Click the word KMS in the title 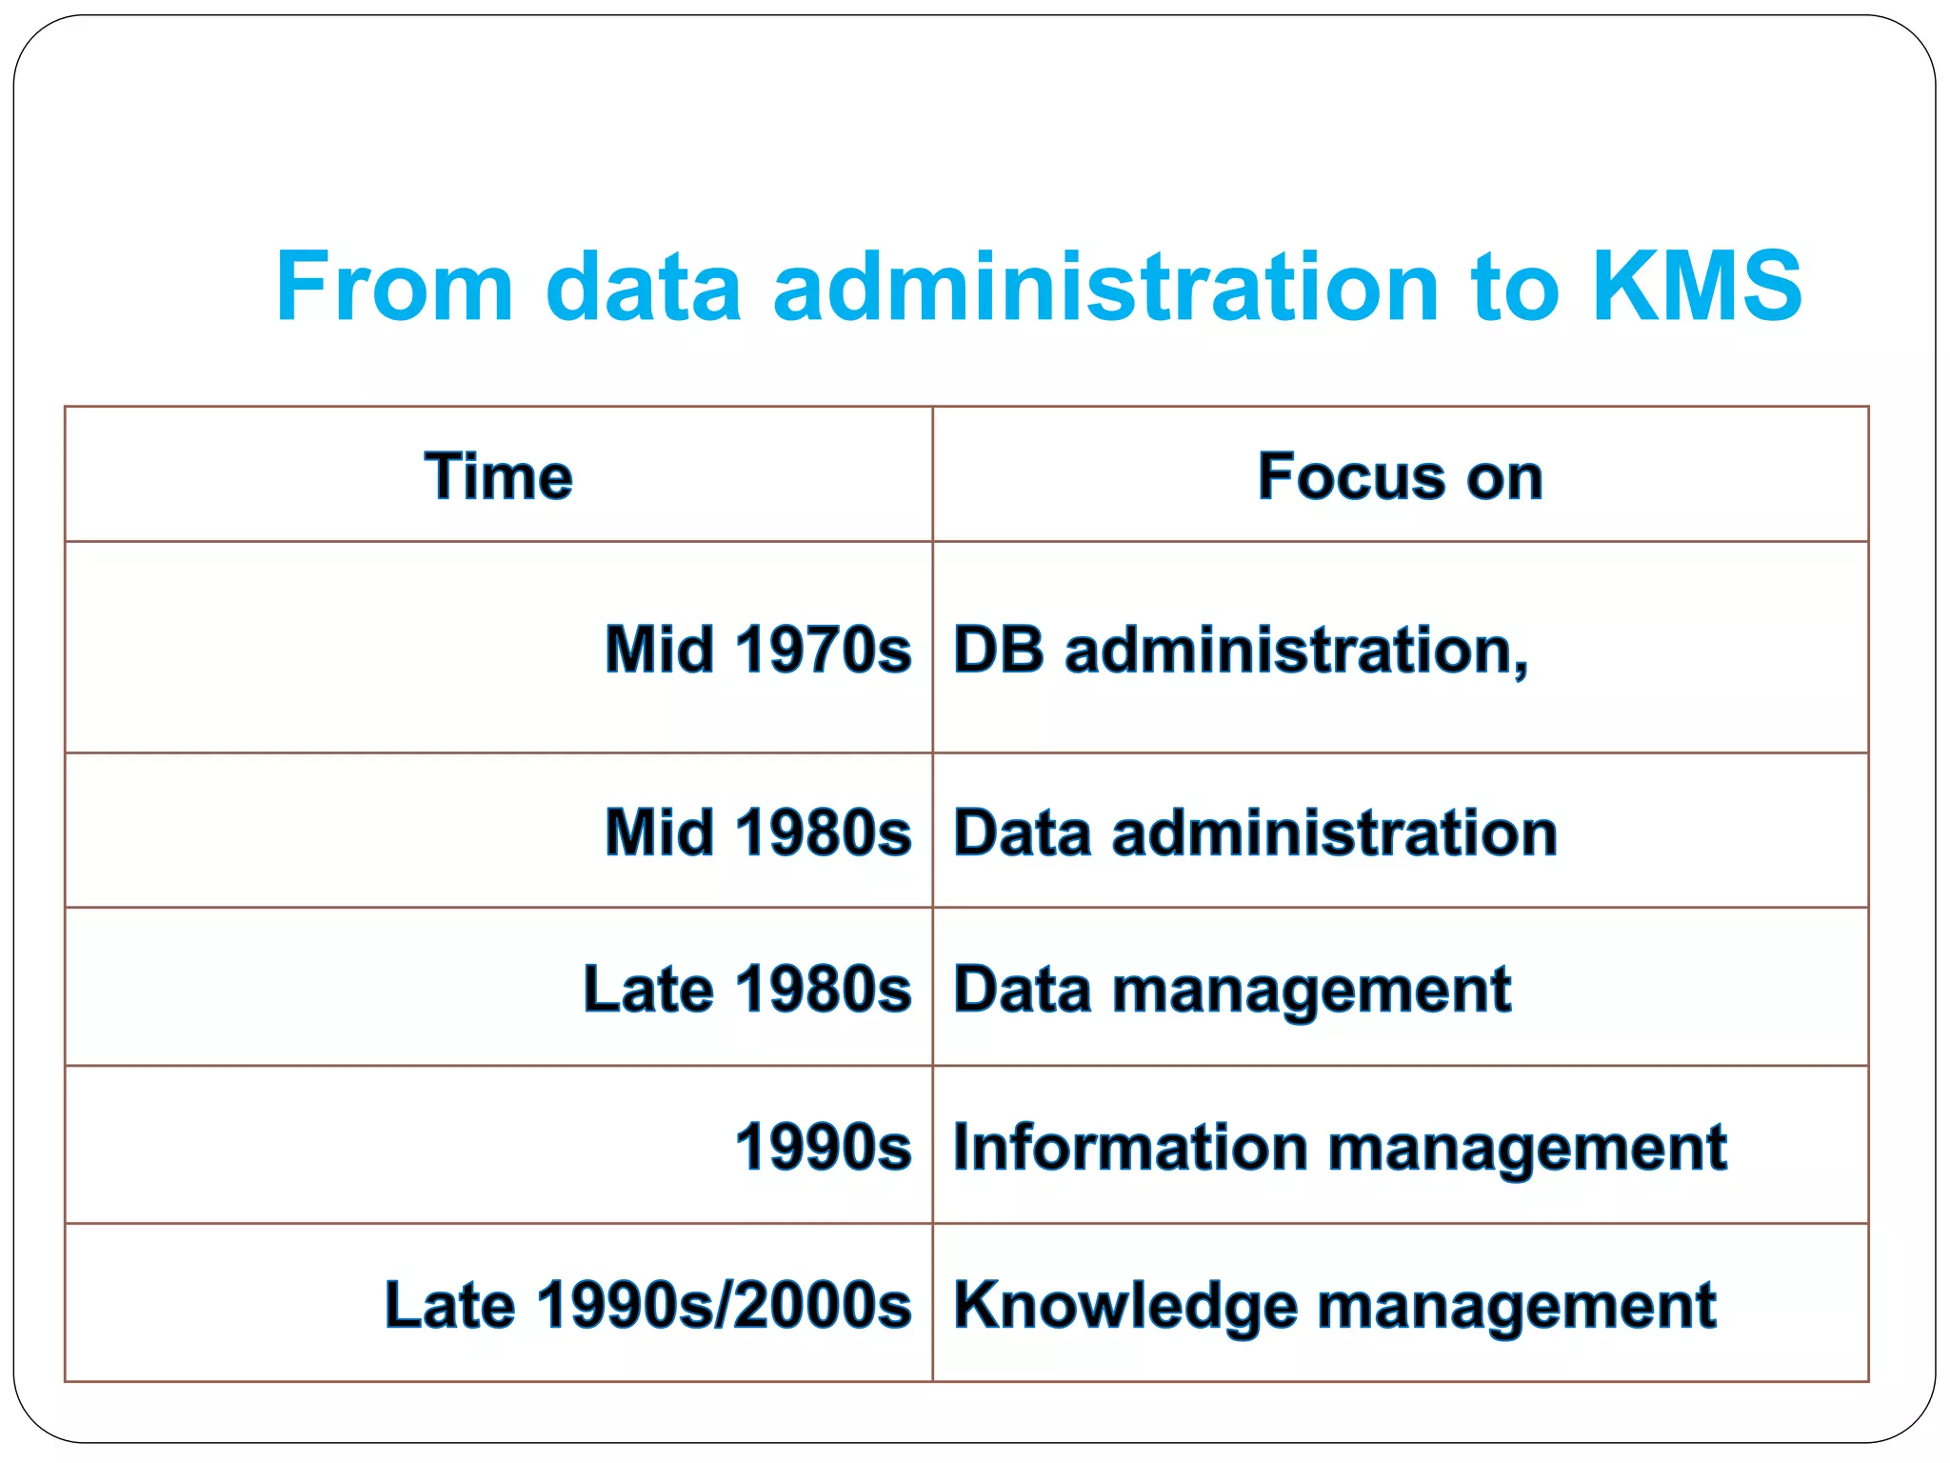[1697, 286]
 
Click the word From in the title [394, 286]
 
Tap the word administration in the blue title [1105, 286]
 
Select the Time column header [498, 475]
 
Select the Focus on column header [1400, 475]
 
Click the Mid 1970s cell [758, 650]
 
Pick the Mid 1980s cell [758, 832]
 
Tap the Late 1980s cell [747, 989]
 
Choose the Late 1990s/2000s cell [648, 1304]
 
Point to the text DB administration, [1241, 650]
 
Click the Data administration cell [1255, 832]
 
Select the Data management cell [1232, 989]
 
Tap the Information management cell [1340, 1146]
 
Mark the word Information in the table [1130, 1146]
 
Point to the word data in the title [643, 286]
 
